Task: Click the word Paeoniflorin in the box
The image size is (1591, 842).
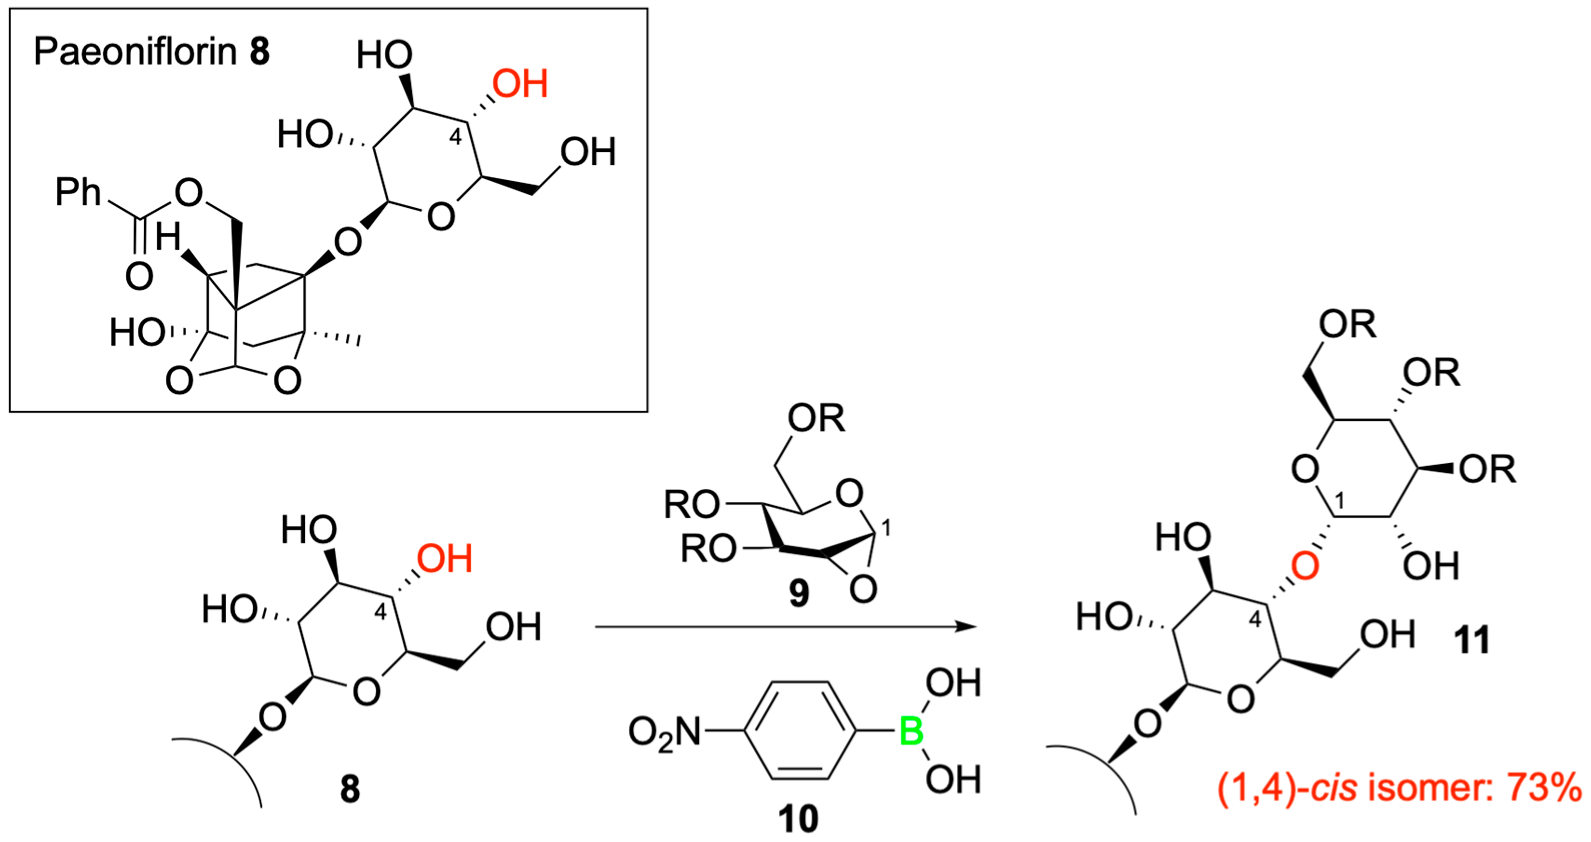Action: pos(134,52)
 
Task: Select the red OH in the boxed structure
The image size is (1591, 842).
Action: pos(520,84)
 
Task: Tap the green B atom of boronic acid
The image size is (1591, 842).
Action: pos(911,732)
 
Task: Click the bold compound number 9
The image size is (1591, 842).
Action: pos(798,594)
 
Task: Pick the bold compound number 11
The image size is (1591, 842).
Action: pos(1472,640)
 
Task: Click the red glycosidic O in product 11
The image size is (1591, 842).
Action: pos(1305,566)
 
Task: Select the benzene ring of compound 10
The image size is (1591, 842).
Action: pos(801,732)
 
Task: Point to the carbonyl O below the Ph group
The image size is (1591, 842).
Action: pos(139,276)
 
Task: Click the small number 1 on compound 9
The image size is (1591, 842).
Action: pos(886,528)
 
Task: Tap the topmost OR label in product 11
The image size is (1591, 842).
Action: pos(1347,324)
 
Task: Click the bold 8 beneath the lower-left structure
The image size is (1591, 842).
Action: pos(349,790)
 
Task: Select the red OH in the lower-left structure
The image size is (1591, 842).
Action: pos(444,559)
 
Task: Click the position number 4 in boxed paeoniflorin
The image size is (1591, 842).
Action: pos(455,137)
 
